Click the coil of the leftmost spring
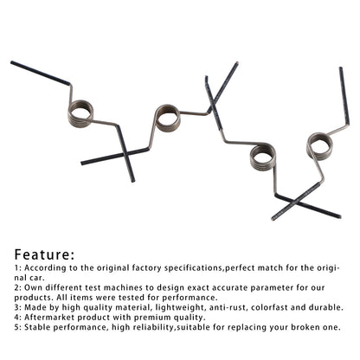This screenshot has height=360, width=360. click(71, 115)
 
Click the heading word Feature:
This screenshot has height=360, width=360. click(44, 254)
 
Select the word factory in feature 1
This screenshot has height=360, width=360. click(146, 268)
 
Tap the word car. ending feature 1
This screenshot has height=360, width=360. click(37, 278)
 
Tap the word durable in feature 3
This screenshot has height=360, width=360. click(326, 307)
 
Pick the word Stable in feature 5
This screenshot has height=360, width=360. click(37, 327)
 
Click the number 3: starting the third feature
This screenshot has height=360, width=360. click(17, 307)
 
